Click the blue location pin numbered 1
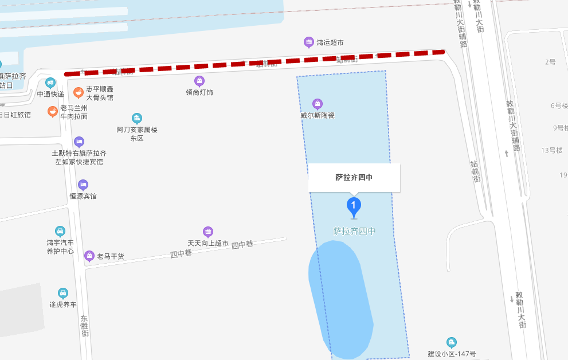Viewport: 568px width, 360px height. coord(354,206)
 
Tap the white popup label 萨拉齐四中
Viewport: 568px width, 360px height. coord(354,178)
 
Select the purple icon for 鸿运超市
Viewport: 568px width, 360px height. coord(309,42)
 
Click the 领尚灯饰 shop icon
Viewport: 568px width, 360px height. coord(199,81)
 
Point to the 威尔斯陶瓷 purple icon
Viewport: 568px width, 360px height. coord(317,104)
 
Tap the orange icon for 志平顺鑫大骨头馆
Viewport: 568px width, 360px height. coord(79,92)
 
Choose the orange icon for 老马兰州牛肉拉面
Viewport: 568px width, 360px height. coord(53,111)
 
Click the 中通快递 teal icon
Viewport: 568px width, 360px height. coord(50,83)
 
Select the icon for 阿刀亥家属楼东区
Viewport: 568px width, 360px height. coord(136,118)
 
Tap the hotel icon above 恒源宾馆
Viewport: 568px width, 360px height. coord(83,185)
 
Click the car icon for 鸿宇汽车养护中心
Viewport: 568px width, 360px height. coord(60,231)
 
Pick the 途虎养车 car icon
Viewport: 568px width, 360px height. coord(62,293)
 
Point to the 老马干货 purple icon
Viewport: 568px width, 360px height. coord(89,256)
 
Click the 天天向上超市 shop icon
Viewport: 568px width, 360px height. coord(207,232)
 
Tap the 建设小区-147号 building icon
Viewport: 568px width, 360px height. coord(452,342)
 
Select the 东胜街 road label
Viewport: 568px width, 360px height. coord(85,325)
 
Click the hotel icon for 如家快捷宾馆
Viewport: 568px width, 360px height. coord(79,142)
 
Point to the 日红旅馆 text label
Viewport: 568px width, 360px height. coord(15,115)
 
